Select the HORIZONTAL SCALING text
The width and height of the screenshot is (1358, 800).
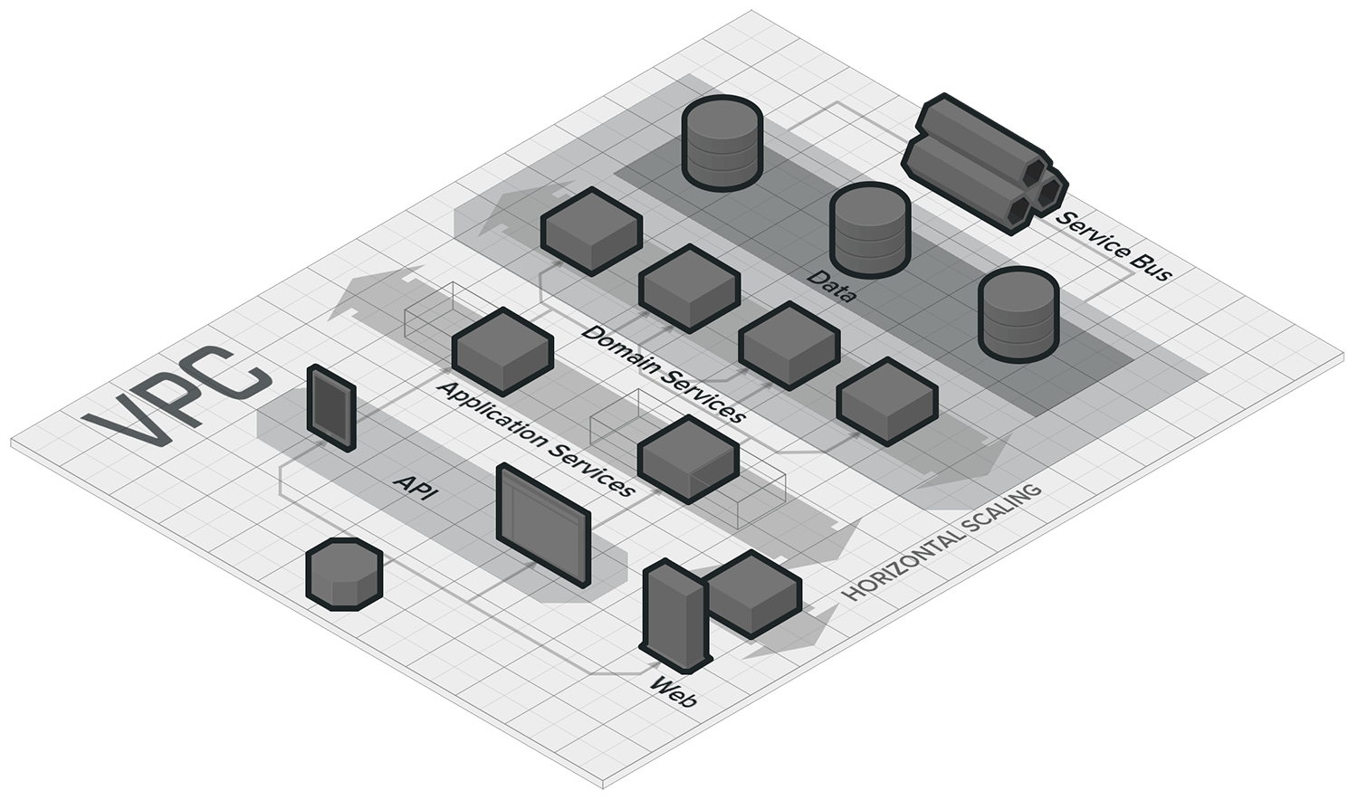942,543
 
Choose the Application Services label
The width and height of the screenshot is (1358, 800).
534,438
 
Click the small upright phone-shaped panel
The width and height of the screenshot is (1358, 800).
330,407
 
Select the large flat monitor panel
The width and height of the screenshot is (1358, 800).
543,525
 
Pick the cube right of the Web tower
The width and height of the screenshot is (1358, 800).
753,594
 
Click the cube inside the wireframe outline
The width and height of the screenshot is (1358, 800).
688,458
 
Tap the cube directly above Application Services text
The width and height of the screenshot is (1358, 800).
502,351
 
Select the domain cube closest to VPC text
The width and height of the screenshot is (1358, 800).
591,230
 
